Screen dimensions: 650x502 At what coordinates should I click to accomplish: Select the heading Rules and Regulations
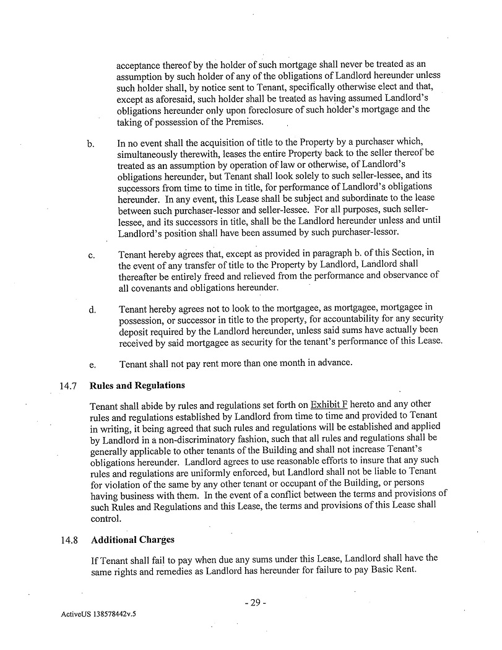pos(137,386)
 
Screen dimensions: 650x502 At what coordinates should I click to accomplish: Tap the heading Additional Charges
pos(132,540)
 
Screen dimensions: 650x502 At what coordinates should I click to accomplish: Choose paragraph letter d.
pos(91,308)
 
